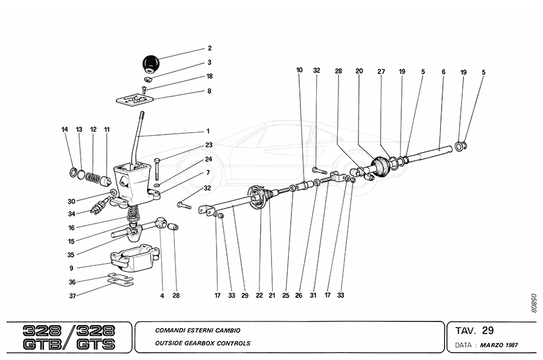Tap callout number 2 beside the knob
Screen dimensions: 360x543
tap(209, 48)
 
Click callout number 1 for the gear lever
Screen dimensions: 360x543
tap(208, 131)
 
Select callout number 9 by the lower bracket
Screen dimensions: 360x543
tap(71, 268)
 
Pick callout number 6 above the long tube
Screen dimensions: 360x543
tap(443, 71)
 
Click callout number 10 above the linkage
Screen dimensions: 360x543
tap(299, 71)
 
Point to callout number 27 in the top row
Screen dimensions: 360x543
tap(381, 71)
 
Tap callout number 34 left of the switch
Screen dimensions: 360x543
tap(72, 213)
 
